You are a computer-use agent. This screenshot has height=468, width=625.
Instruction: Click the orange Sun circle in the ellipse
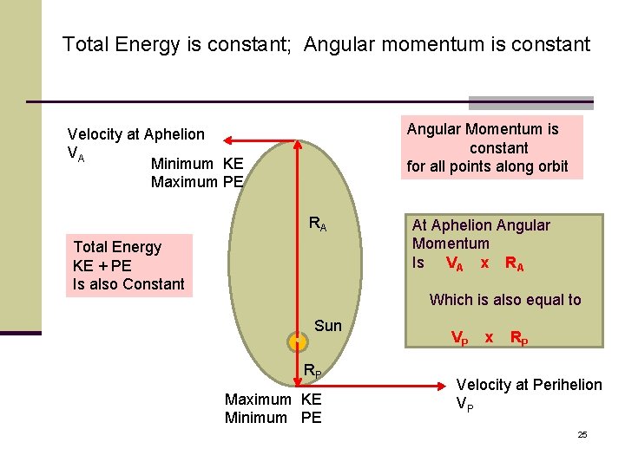click(297, 340)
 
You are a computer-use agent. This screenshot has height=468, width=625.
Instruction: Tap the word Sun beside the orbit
click(328, 326)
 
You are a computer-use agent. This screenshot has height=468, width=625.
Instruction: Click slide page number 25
click(582, 434)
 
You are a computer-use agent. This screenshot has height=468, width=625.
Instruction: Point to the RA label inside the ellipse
click(318, 225)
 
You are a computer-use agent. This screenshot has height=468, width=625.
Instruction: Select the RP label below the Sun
click(312, 372)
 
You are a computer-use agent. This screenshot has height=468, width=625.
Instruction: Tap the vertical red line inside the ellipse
click(297, 234)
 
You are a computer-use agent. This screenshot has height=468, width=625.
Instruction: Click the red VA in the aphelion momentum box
click(454, 263)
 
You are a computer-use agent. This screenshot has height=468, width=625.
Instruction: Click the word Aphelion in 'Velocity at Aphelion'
click(174, 134)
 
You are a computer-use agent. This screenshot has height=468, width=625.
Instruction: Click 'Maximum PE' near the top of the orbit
click(197, 182)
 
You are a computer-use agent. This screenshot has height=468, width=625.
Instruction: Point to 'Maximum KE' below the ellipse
click(273, 400)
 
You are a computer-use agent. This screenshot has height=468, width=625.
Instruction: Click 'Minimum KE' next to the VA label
click(197, 164)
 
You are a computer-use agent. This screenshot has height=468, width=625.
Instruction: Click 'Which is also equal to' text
click(505, 300)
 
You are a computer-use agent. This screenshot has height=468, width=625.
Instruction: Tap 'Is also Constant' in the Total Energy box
click(128, 284)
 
